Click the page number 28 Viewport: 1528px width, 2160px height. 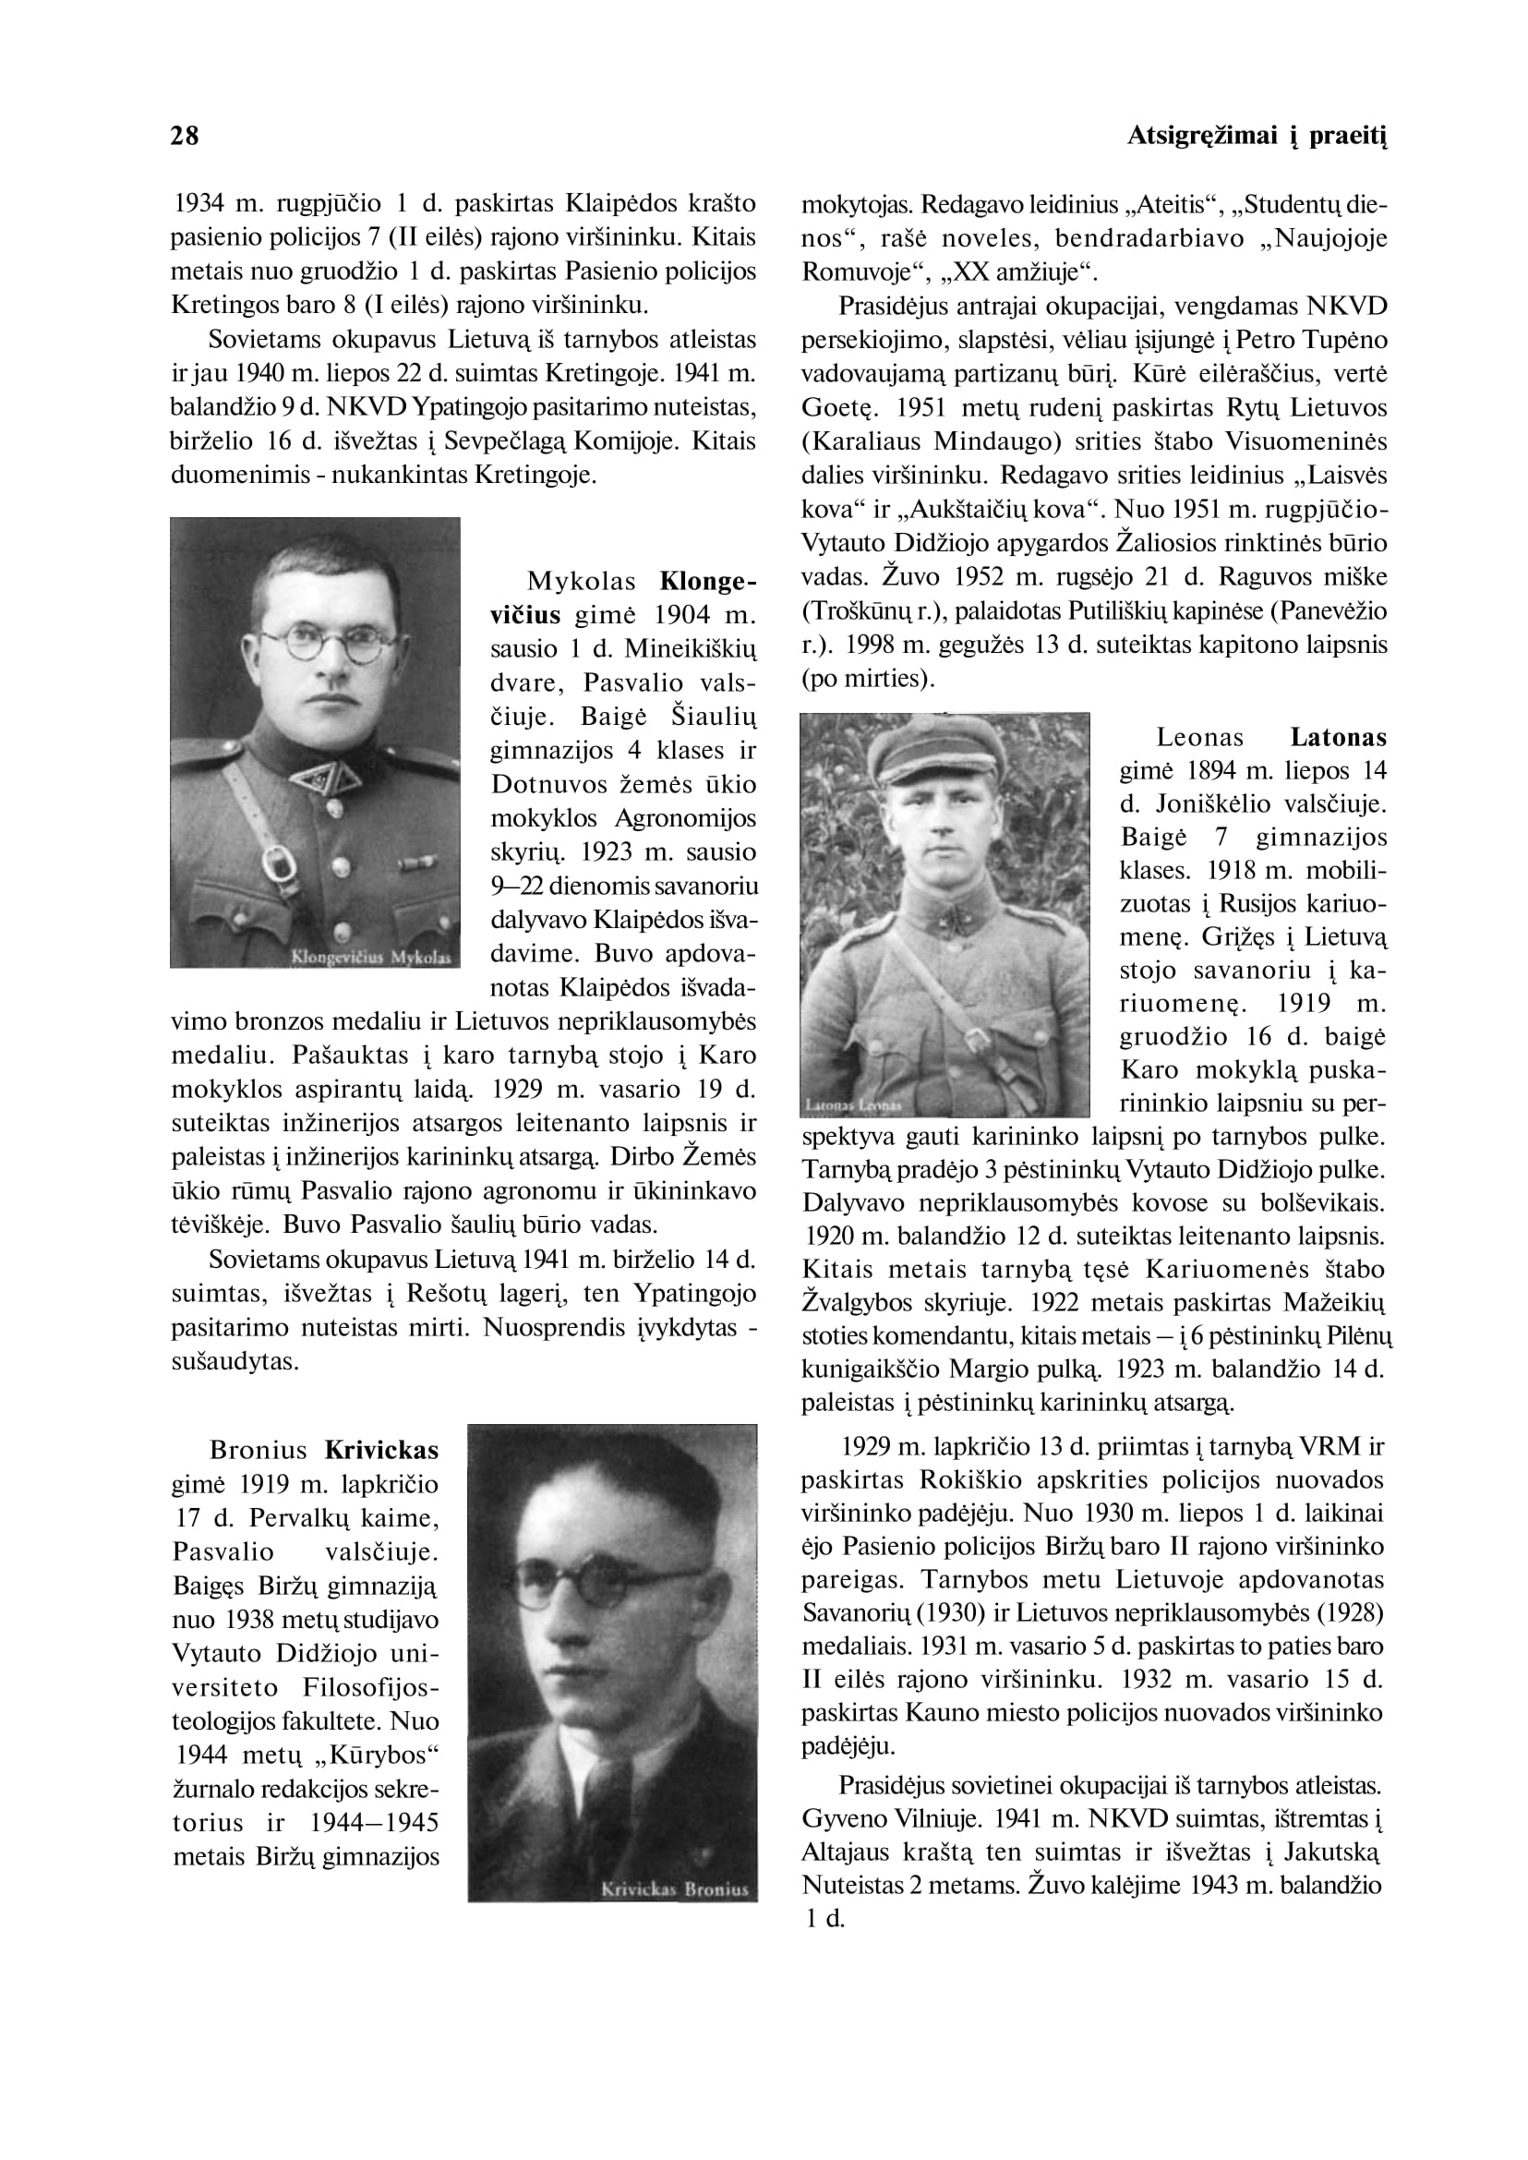(185, 137)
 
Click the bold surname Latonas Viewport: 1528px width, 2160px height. (1338, 737)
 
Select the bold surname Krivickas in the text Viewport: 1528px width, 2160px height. (382, 1451)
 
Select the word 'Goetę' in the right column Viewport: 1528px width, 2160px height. (839, 407)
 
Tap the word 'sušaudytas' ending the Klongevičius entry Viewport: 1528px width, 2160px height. (234, 1361)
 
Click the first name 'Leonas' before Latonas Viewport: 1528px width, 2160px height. (1199, 737)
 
